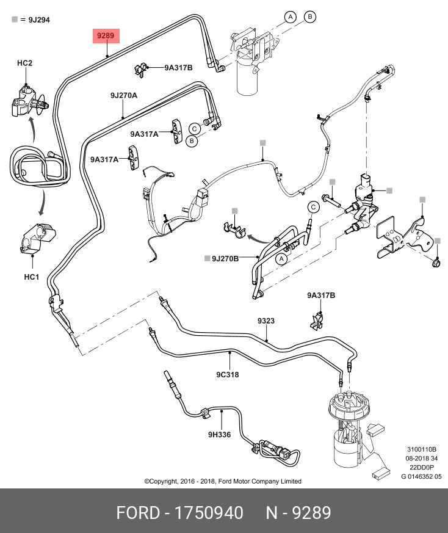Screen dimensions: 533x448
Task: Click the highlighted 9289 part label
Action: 106,36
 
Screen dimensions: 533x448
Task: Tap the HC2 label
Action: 24,63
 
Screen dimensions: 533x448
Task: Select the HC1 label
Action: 31,277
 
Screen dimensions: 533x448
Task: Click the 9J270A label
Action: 123,96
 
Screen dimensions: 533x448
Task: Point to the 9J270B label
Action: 225,258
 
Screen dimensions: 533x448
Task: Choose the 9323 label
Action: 266,321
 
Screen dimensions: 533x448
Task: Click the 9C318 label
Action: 227,375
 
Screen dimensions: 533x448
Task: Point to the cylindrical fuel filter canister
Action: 250,76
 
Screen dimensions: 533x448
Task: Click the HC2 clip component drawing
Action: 27,101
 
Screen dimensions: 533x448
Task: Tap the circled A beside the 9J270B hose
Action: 282,259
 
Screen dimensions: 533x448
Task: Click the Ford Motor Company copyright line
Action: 223,481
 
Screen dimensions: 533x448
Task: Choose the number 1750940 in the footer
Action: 209,512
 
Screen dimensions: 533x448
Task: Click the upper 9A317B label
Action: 178,68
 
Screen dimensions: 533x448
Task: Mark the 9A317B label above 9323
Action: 321,296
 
